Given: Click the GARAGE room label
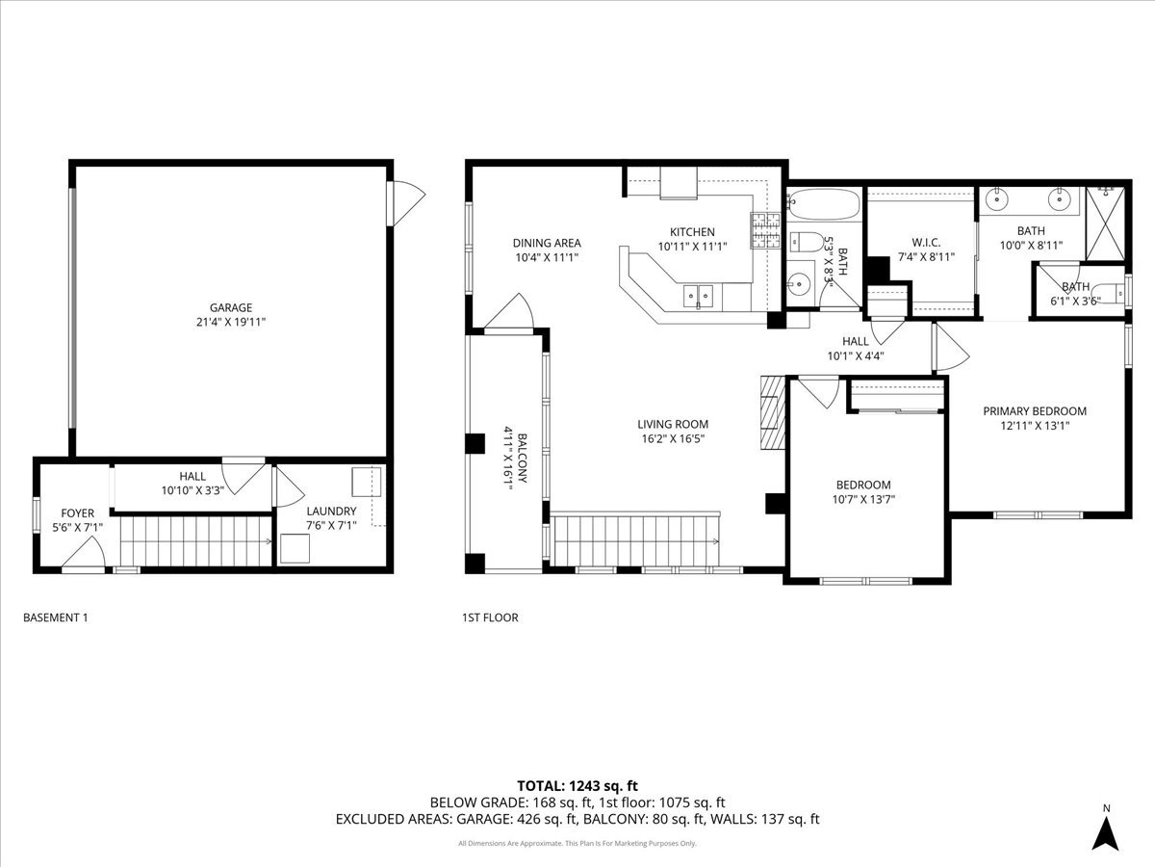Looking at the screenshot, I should (231, 308).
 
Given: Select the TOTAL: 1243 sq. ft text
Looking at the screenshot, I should (577, 784).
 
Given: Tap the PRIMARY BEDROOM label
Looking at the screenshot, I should (1035, 411).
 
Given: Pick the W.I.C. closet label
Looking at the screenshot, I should (925, 242).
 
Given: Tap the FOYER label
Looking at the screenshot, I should (78, 513).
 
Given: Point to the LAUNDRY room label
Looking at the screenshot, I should (331, 512).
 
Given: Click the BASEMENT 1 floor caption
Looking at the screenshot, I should (55, 617).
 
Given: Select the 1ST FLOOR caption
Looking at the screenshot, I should (491, 617).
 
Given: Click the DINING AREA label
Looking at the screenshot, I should (546, 244).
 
